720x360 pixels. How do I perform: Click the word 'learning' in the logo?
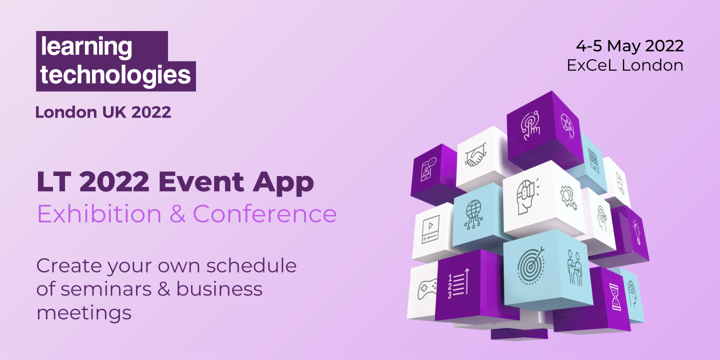click(x=86, y=47)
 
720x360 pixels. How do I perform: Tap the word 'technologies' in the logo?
click(x=115, y=75)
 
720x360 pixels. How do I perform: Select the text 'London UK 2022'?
click(x=103, y=112)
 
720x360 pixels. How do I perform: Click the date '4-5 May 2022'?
click(x=629, y=45)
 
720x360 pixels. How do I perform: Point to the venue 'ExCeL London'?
click(x=625, y=65)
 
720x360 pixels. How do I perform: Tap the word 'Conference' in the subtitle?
click(x=264, y=213)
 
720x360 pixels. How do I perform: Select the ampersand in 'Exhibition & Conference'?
click(x=177, y=213)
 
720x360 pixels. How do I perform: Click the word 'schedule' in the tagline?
click(x=251, y=265)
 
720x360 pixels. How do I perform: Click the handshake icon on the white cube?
click(x=475, y=155)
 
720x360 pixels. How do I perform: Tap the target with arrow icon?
click(x=531, y=266)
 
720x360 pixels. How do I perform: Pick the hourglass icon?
click(x=615, y=297)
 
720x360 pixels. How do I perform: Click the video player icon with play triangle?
click(x=430, y=229)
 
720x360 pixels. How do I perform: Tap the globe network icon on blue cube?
click(x=473, y=214)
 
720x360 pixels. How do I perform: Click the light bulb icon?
click(x=636, y=232)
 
